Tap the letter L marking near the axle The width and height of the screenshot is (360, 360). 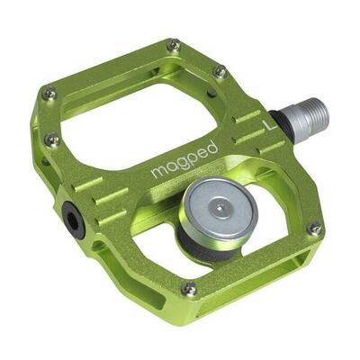(x=265, y=125)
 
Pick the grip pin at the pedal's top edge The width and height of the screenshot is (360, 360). (x=174, y=44)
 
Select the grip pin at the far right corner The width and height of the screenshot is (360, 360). (x=313, y=229)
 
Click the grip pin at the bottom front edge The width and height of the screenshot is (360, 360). (x=188, y=289)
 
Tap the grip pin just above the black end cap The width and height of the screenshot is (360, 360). (x=53, y=139)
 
